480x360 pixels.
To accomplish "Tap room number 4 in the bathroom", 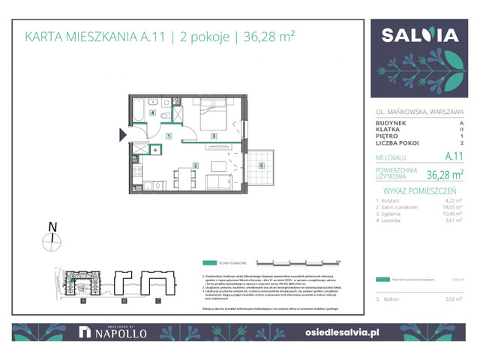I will click(x=153, y=113).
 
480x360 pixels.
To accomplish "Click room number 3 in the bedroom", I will click(x=214, y=136).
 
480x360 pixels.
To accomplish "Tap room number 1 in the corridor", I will click(x=169, y=136).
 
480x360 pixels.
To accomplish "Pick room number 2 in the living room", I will click(x=195, y=166).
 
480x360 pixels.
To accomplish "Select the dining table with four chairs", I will click(x=178, y=180).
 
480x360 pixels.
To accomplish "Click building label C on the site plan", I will click(x=158, y=301).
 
